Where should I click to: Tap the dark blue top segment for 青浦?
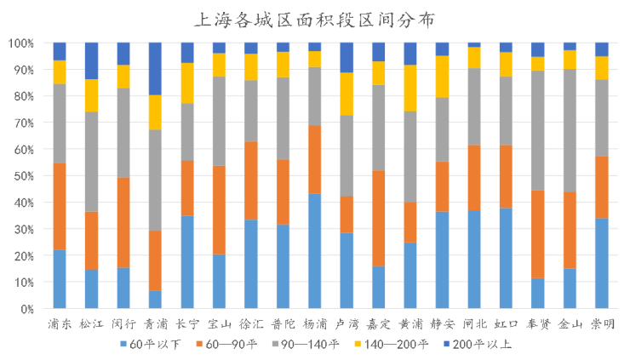(x=155, y=68)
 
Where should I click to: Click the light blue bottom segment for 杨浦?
(x=314, y=251)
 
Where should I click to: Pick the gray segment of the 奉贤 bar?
(x=537, y=130)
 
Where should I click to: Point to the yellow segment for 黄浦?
(x=410, y=88)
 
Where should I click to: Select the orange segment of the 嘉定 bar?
(x=378, y=218)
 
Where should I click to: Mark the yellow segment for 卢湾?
(x=346, y=94)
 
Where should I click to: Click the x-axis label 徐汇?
(x=250, y=323)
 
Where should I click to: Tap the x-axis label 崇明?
(x=601, y=323)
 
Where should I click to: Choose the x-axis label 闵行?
(x=123, y=323)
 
